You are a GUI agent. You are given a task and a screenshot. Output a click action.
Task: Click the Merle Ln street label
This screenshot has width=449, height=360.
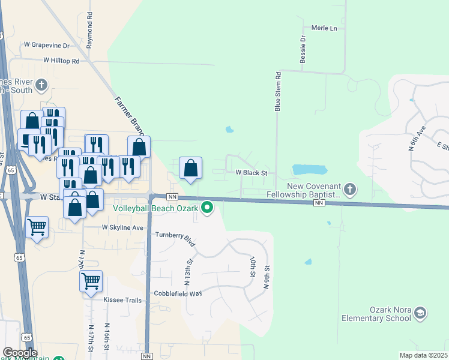click(x=324, y=28)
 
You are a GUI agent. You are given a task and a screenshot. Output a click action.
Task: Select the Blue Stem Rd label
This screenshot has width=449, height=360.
click(x=278, y=92)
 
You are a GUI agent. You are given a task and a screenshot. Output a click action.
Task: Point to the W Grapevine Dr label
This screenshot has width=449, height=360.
click(x=46, y=45)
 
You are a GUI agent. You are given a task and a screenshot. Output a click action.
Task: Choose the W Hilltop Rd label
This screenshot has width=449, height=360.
click(x=61, y=61)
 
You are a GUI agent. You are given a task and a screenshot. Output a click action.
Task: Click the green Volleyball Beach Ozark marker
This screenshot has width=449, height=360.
click(x=208, y=208)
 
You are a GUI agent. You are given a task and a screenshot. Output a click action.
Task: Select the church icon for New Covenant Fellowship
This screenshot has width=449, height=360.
click(x=351, y=190)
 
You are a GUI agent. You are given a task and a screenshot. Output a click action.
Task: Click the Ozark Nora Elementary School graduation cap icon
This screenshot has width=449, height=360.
click(x=420, y=313)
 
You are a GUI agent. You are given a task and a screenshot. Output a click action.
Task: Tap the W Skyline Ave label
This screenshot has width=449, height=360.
click(x=122, y=227)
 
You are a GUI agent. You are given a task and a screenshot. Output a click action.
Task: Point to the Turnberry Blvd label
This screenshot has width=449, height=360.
click(x=176, y=239)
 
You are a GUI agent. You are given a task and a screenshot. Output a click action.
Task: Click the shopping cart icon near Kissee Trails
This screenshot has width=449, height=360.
click(x=91, y=280)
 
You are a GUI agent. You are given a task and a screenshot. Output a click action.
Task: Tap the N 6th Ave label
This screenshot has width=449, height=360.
click(x=417, y=145)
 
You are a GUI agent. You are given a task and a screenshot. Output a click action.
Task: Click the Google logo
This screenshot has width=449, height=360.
click(x=19, y=353)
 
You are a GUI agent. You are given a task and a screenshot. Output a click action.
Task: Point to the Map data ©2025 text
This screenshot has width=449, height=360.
click(x=424, y=355)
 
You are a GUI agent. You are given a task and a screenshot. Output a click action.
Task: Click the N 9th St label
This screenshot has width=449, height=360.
click(x=265, y=278)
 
